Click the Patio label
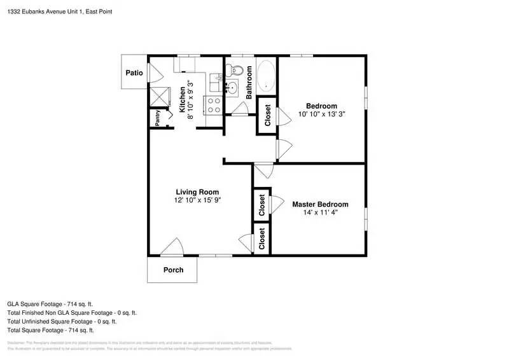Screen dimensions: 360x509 click(134, 73)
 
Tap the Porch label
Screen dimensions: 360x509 click(173, 270)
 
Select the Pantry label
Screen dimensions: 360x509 click(157, 118)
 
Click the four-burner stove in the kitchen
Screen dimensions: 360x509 click(213, 104)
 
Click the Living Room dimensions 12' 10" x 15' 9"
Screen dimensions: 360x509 click(197, 200)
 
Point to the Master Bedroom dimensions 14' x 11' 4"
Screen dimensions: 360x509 click(320, 212)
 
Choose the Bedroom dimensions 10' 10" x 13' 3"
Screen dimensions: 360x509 click(321, 114)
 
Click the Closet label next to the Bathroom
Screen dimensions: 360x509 click(267, 115)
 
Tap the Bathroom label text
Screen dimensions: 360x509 click(249, 81)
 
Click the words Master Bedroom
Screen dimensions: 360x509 click(320, 204)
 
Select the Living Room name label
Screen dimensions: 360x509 click(197, 192)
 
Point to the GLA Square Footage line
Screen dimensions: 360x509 click(50, 304)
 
